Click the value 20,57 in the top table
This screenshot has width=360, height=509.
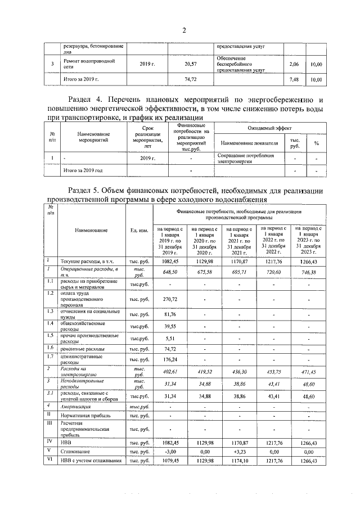point(191,65)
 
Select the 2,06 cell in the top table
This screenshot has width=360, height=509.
point(292,65)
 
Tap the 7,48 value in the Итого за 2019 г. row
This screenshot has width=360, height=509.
point(292,80)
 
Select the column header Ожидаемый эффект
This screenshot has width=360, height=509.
point(269,129)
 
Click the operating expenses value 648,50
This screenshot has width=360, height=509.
point(170,272)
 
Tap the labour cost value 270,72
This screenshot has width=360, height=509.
point(170,299)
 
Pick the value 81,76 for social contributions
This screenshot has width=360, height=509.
point(170,314)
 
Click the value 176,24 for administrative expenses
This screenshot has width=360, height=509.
point(170,359)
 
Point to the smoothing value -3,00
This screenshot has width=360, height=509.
point(170,452)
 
